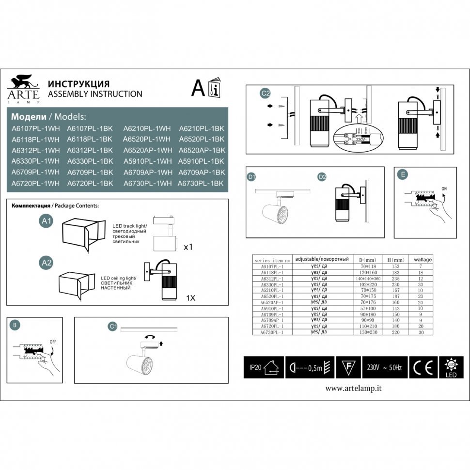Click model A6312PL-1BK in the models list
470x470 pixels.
(90, 150)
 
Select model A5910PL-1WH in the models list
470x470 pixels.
(147, 161)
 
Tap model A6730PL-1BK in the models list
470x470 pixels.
(201, 184)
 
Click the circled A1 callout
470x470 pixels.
(47, 221)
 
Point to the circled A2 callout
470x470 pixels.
(47, 263)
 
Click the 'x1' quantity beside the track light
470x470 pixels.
(188, 247)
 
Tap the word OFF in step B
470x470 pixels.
(53, 341)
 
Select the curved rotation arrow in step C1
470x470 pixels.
(151, 336)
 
